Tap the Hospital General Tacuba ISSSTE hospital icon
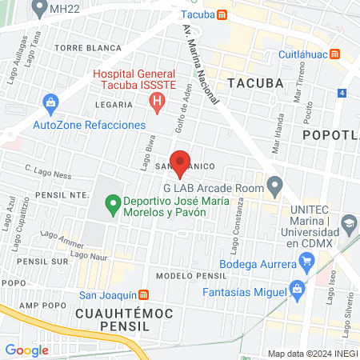click(x=158, y=102)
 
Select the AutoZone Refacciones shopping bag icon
click(x=51, y=102)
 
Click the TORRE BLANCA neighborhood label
click(x=99, y=48)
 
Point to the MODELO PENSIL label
click(x=187, y=276)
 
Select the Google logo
click(x=26, y=350)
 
